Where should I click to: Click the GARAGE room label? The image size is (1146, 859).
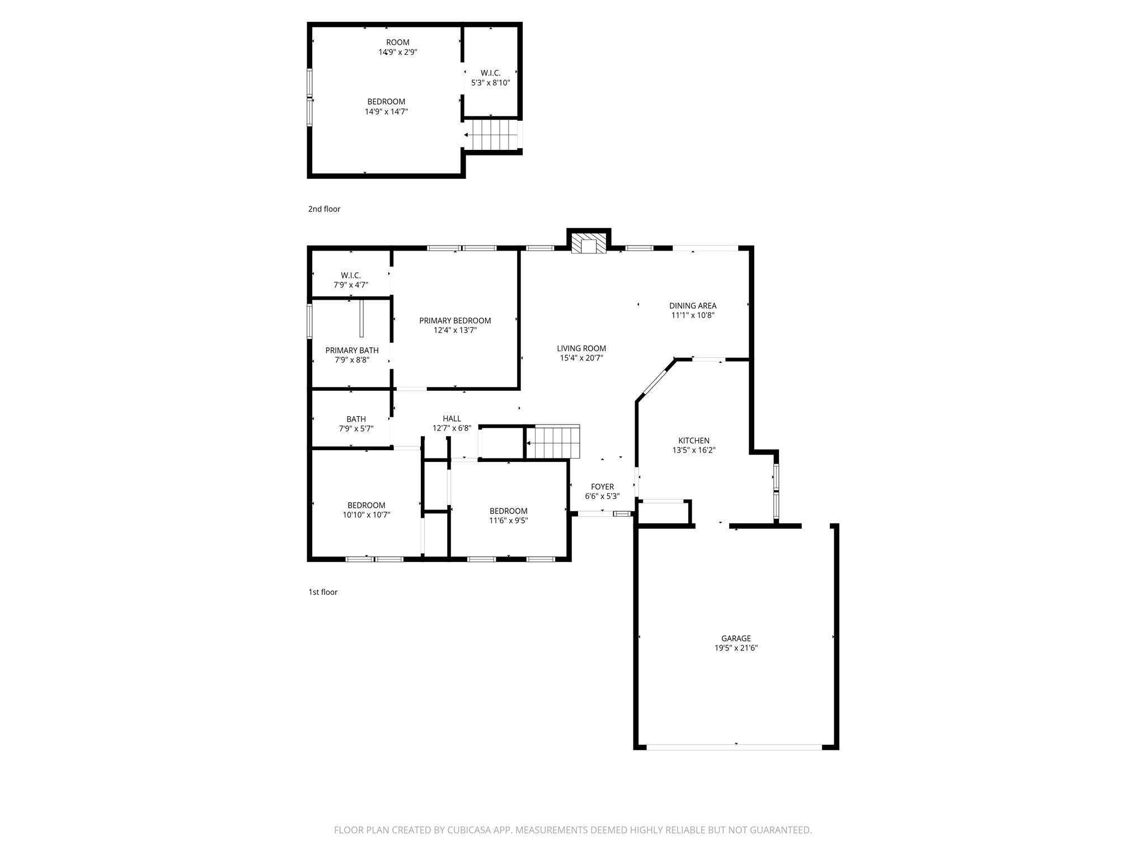point(736,638)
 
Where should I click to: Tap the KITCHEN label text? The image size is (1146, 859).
point(694,441)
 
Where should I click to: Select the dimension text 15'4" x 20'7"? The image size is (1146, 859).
point(581,358)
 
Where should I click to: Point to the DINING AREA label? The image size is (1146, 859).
point(693,305)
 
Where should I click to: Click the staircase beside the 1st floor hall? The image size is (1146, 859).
point(553,441)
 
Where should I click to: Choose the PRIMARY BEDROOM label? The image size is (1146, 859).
point(455,320)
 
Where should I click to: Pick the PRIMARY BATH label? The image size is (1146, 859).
point(352,351)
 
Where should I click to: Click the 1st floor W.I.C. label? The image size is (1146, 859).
point(351,275)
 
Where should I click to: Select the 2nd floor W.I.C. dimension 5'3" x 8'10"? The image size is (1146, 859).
point(491,83)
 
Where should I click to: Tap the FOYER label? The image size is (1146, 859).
point(602,487)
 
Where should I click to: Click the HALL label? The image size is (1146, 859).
point(452,418)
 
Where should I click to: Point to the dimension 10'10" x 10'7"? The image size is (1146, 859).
point(367,515)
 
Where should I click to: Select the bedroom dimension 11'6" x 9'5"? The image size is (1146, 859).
point(508,521)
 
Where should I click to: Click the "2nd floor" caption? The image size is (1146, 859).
point(324,209)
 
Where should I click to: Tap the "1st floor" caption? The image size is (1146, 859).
point(323,592)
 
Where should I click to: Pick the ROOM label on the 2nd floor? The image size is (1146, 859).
point(397,43)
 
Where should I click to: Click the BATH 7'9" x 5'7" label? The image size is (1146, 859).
point(356,424)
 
